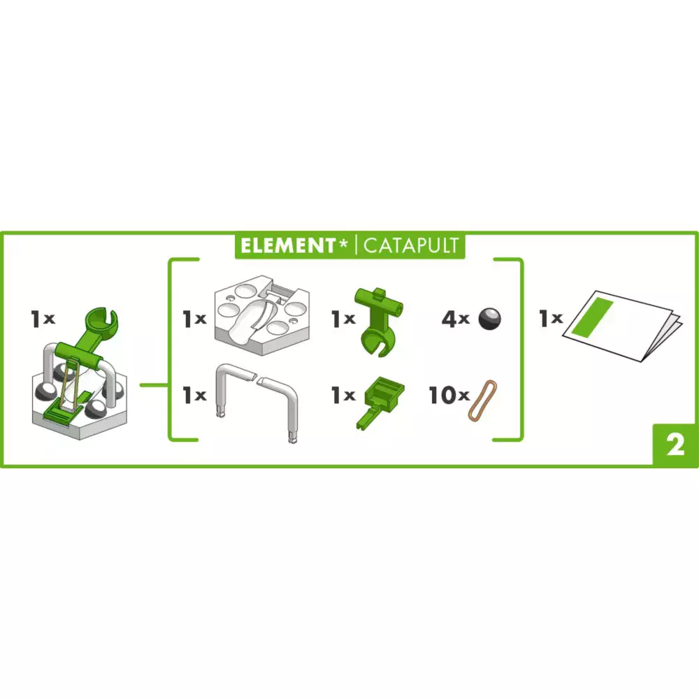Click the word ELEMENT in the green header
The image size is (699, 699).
click(x=288, y=245)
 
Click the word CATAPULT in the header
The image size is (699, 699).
click(x=411, y=245)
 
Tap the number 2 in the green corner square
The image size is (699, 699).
click(x=675, y=445)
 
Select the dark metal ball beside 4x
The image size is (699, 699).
click(x=489, y=319)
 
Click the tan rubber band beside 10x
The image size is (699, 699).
click(x=482, y=401)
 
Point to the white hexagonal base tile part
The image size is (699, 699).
click(x=262, y=315)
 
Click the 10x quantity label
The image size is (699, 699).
click(x=449, y=395)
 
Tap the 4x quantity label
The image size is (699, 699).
click(x=456, y=319)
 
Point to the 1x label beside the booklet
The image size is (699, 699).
click(x=551, y=318)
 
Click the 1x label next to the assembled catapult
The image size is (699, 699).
click(x=43, y=319)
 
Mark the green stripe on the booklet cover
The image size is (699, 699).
click(x=593, y=318)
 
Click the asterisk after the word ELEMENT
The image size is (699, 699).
click(x=343, y=243)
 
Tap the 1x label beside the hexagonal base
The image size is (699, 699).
click(x=194, y=319)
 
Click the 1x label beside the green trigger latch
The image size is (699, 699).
click(x=343, y=395)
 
